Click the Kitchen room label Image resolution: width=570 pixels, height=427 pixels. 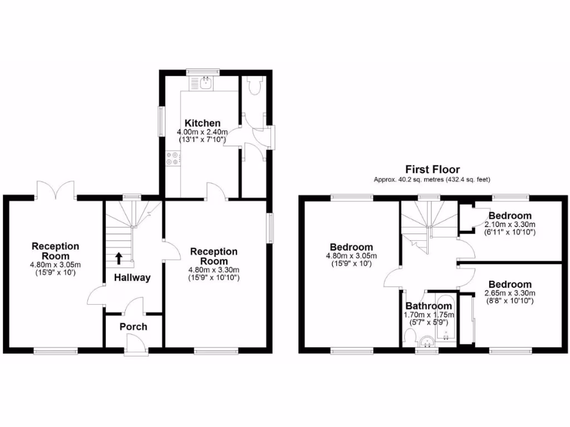[203, 123]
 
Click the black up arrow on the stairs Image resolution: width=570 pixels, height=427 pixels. [119, 258]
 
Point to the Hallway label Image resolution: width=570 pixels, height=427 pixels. [132, 277]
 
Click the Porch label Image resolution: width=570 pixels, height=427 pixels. [134, 326]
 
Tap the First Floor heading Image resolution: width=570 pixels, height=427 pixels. [432, 169]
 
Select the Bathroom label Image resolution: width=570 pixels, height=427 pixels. [428, 306]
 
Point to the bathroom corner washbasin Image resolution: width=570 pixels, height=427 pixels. [427, 341]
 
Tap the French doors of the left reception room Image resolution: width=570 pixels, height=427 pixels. [55, 190]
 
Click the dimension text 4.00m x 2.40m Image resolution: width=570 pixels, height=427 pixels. [203, 132]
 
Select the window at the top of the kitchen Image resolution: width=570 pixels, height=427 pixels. [203, 72]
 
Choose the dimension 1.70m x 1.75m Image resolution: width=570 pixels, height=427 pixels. [428, 315]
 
